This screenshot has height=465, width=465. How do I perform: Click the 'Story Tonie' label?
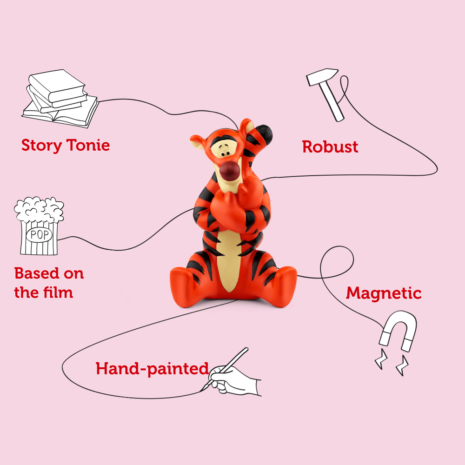(x=66, y=146)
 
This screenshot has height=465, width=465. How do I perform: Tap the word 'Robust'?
(x=330, y=147)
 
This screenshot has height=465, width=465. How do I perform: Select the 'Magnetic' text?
(x=384, y=293)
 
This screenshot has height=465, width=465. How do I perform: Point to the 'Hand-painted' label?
(x=152, y=369)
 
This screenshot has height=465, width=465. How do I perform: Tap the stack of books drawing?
(x=60, y=99)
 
